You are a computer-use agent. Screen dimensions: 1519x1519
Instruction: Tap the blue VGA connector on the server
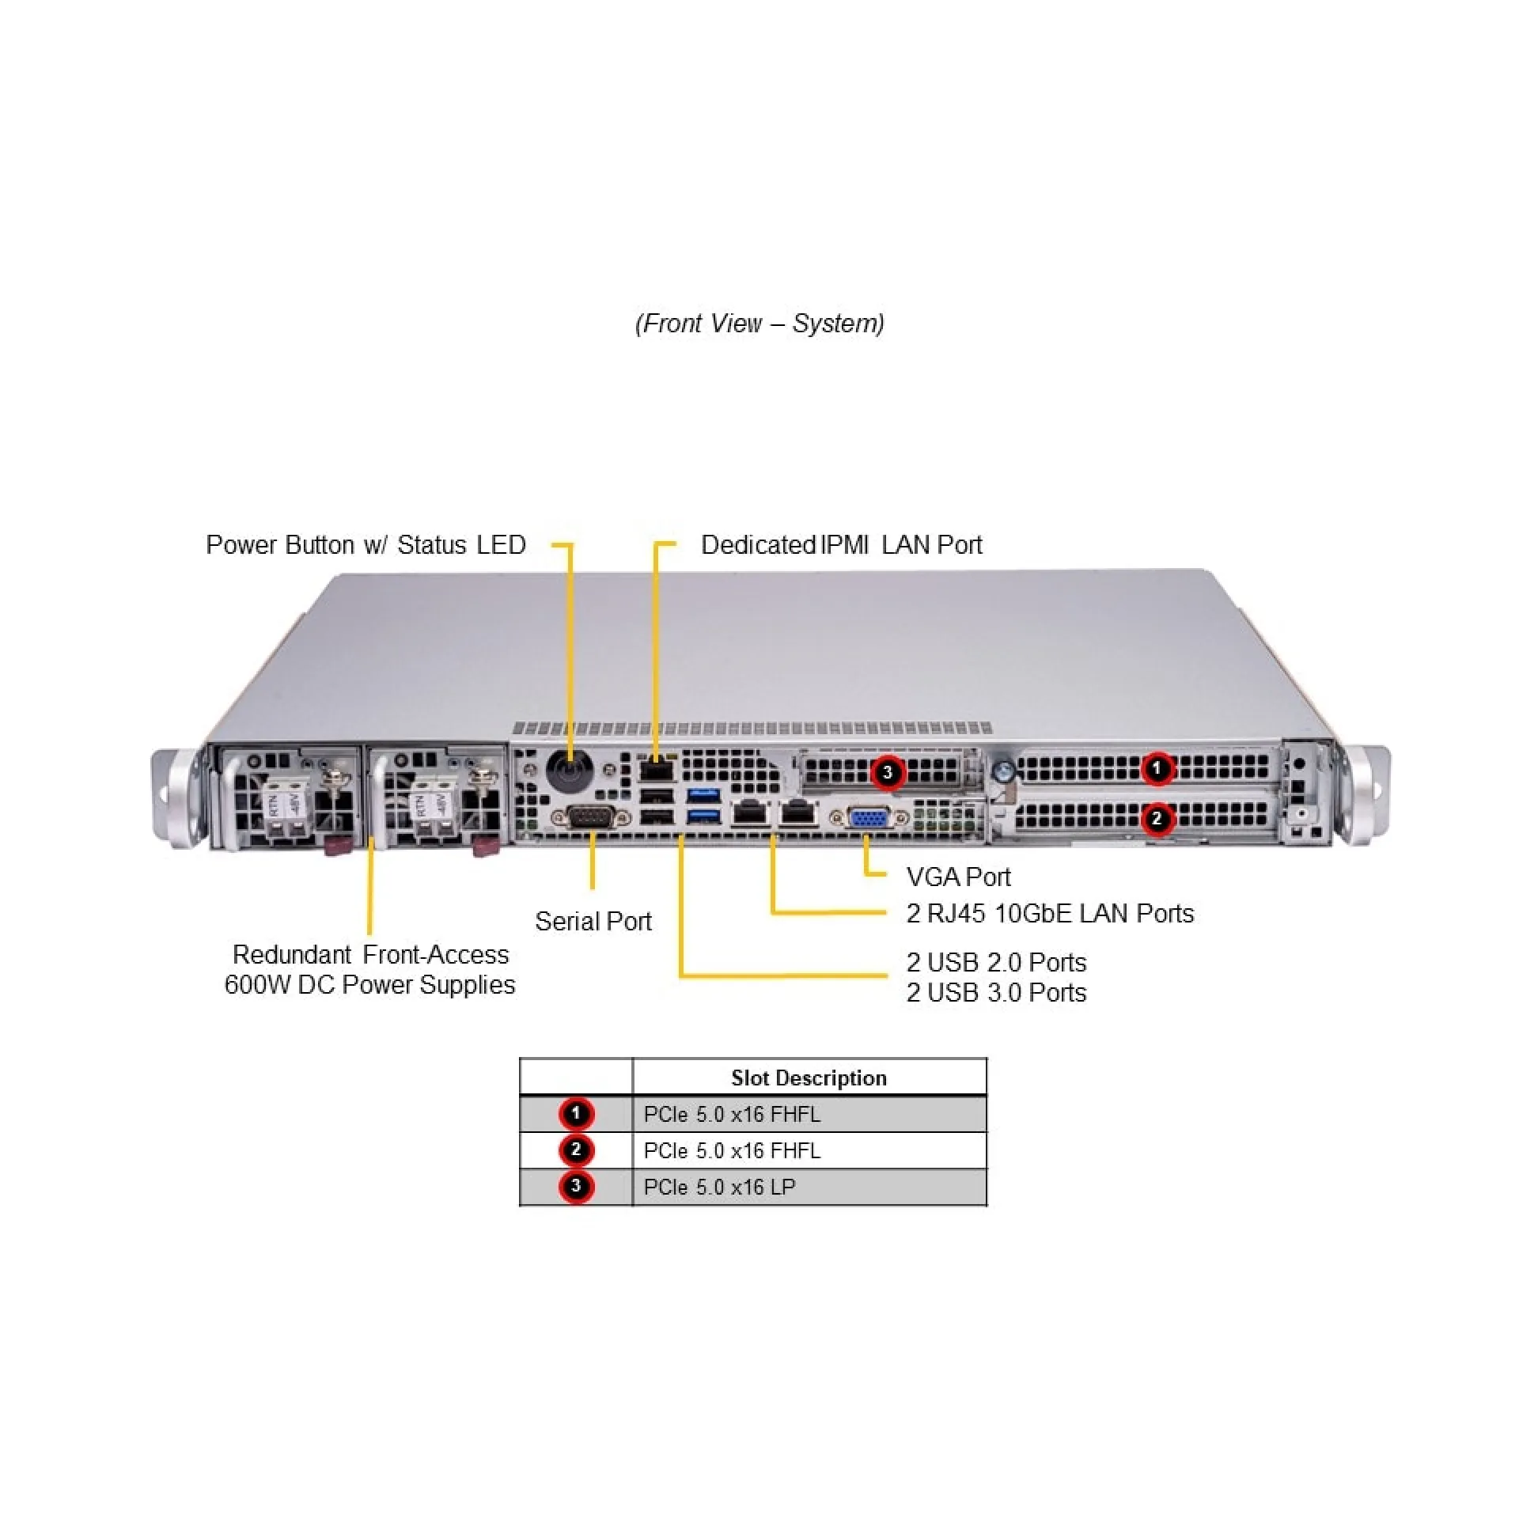pos(868,817)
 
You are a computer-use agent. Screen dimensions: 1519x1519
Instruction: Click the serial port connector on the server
pos(591,818)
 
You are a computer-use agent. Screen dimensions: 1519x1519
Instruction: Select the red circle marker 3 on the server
pos(888,772)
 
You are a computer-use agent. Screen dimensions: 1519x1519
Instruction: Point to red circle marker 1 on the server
pos(1157,768)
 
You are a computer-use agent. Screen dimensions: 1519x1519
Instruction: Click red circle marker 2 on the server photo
pos(1157,819)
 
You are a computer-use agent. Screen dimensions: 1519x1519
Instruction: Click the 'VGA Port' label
pos(958,877)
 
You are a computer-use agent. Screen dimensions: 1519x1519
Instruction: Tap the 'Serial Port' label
pos(593,921)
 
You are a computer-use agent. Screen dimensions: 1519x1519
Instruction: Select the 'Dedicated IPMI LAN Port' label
pos(841,544)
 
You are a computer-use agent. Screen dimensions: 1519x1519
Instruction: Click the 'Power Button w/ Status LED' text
pos(366,544)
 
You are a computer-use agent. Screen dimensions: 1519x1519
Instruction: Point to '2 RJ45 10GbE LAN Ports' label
pos(1050,913)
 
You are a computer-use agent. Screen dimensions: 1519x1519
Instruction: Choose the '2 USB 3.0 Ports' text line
pos(996,992)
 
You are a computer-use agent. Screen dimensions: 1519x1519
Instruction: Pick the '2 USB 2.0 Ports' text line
pos(996,962)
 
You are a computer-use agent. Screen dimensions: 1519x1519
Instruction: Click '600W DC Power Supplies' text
pos(369,984)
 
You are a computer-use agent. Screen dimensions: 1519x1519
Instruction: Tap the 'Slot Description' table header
pos(809,1078)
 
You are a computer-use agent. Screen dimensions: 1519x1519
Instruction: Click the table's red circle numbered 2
pos(576,1150)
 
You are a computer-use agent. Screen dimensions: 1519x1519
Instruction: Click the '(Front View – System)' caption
pos(759,323)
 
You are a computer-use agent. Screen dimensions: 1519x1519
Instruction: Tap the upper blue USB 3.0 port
pos(703,794)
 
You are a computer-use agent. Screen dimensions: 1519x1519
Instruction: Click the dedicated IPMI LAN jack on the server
pos(656,769)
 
